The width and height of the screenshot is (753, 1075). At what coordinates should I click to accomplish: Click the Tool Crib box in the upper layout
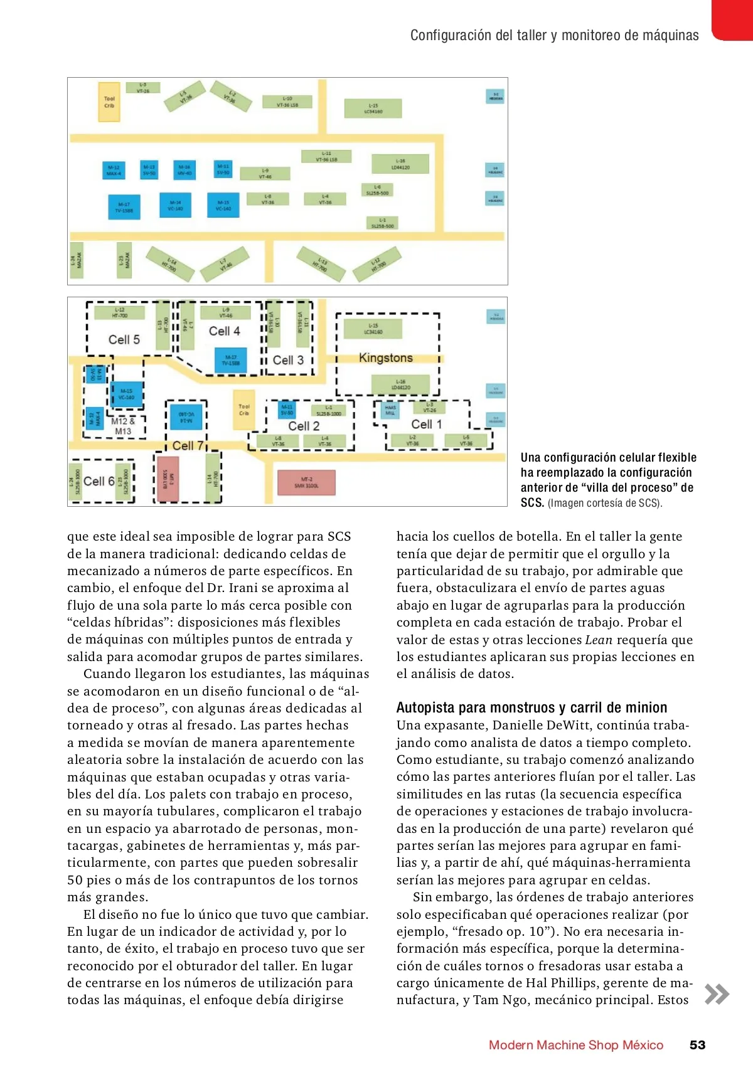109,102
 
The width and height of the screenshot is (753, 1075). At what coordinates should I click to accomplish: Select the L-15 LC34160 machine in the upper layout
373,109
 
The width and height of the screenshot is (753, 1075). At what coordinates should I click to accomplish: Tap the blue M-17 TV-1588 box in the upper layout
124,208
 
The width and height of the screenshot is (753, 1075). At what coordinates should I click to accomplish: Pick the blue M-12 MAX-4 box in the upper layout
114,171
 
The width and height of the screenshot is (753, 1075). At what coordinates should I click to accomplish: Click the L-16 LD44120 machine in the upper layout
400,164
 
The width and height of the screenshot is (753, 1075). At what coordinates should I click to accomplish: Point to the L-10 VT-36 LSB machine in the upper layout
287,102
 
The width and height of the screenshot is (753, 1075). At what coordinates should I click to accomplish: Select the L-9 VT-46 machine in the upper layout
265,174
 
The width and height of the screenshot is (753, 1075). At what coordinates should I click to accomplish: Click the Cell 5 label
124,340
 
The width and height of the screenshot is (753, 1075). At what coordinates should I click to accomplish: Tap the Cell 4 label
224,331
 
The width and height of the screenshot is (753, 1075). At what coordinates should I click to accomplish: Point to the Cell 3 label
288,360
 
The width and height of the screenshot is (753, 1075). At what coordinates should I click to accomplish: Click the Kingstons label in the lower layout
386,358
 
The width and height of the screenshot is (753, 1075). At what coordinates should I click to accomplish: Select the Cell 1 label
427,424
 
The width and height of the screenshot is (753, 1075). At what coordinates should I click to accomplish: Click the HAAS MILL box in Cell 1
390,411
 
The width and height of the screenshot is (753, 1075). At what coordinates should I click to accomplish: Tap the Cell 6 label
99,481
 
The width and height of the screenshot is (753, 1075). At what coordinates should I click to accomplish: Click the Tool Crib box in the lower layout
244,410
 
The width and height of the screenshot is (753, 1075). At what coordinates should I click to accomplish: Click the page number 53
697,1045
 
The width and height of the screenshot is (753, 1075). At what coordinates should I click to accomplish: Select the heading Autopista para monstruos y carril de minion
531,707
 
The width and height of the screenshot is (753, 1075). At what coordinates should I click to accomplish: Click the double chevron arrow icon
717,994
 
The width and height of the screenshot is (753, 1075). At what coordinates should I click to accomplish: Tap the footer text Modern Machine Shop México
575,1045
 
